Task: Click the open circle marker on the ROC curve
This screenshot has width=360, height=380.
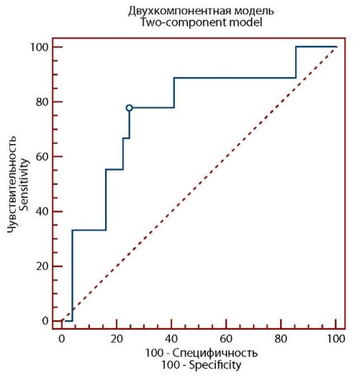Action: pyautogui.click(x=129, y=108)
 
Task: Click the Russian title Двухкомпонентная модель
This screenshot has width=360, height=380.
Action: pyautogui.click(x=201, y=11)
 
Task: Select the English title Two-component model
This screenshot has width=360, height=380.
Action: pyautogui.click(x=201, y=22)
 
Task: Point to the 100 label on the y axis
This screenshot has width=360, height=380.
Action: pyautogui.click(x=40, y=47)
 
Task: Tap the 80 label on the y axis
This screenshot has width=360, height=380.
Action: pyautogui.click(x=42, y=101)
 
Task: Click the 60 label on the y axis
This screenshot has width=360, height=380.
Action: pyautogui.click(x=42, y=157)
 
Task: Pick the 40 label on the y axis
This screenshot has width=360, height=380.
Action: pyautogui.click(x=42, y=212)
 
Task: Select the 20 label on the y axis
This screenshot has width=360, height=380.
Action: pyautogui.click(x=42, y=266)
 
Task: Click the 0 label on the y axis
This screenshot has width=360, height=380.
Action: pyautogui.click(x=45, y=321)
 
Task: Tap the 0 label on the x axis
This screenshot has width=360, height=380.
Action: pyautogui.click(x=62, y=339)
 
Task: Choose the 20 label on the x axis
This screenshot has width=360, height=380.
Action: pyautogui.click(x=117, y=339)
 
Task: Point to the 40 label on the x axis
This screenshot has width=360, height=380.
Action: pyautogui.click(x=171, y=339)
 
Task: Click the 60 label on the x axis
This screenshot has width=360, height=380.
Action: pyautogui.click(x=226, y=339)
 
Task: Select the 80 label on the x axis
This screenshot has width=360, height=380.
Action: pyautogui.click(x=281, y=339)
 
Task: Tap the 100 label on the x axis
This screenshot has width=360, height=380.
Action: pyautogui.click(x=336, y=339)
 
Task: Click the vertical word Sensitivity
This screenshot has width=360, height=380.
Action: pyautogui.click(x=24, y=184)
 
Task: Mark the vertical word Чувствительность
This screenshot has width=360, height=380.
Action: pyautogui.click(x=12, y=184)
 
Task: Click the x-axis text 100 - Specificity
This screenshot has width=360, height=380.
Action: pyautogui.click(x=201, y=365)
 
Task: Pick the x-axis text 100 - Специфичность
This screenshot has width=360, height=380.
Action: pyautogui.click(x=201, y=353)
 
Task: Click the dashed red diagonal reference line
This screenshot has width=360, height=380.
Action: pyautogui.click(x=199, y=184)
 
